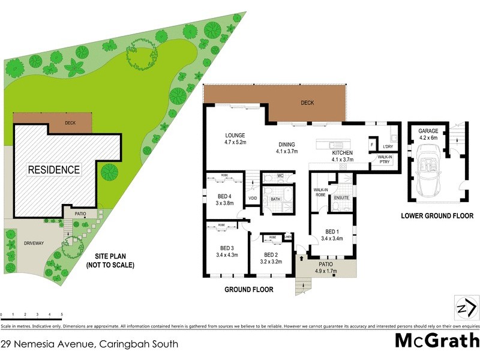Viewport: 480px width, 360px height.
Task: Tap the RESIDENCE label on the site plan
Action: [54, 170]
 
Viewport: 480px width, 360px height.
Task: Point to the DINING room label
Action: [287, 145]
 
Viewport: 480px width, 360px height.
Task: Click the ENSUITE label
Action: [341, 197]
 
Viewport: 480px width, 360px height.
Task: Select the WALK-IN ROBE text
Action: [319, 192]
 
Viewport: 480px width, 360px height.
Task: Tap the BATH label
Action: [275, 199]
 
